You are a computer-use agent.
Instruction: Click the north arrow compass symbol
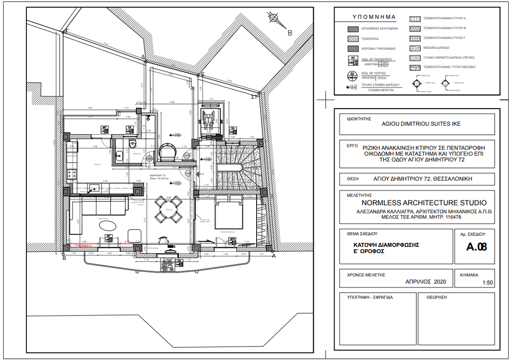pyautogui.click(x=273, y=18)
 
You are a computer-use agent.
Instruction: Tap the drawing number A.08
pyautogui.click(x=476, y=246)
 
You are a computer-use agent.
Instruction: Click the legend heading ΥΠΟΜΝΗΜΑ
pyautogui.click(x=374, y=18)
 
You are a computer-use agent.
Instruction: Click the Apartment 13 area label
pyautogui.click(x=159, y=177)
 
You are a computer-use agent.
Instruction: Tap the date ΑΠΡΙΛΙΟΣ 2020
pyautogui.click(x=426, y=282)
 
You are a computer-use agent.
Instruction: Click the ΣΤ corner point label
pyautogui.click(x=254, y=97)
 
